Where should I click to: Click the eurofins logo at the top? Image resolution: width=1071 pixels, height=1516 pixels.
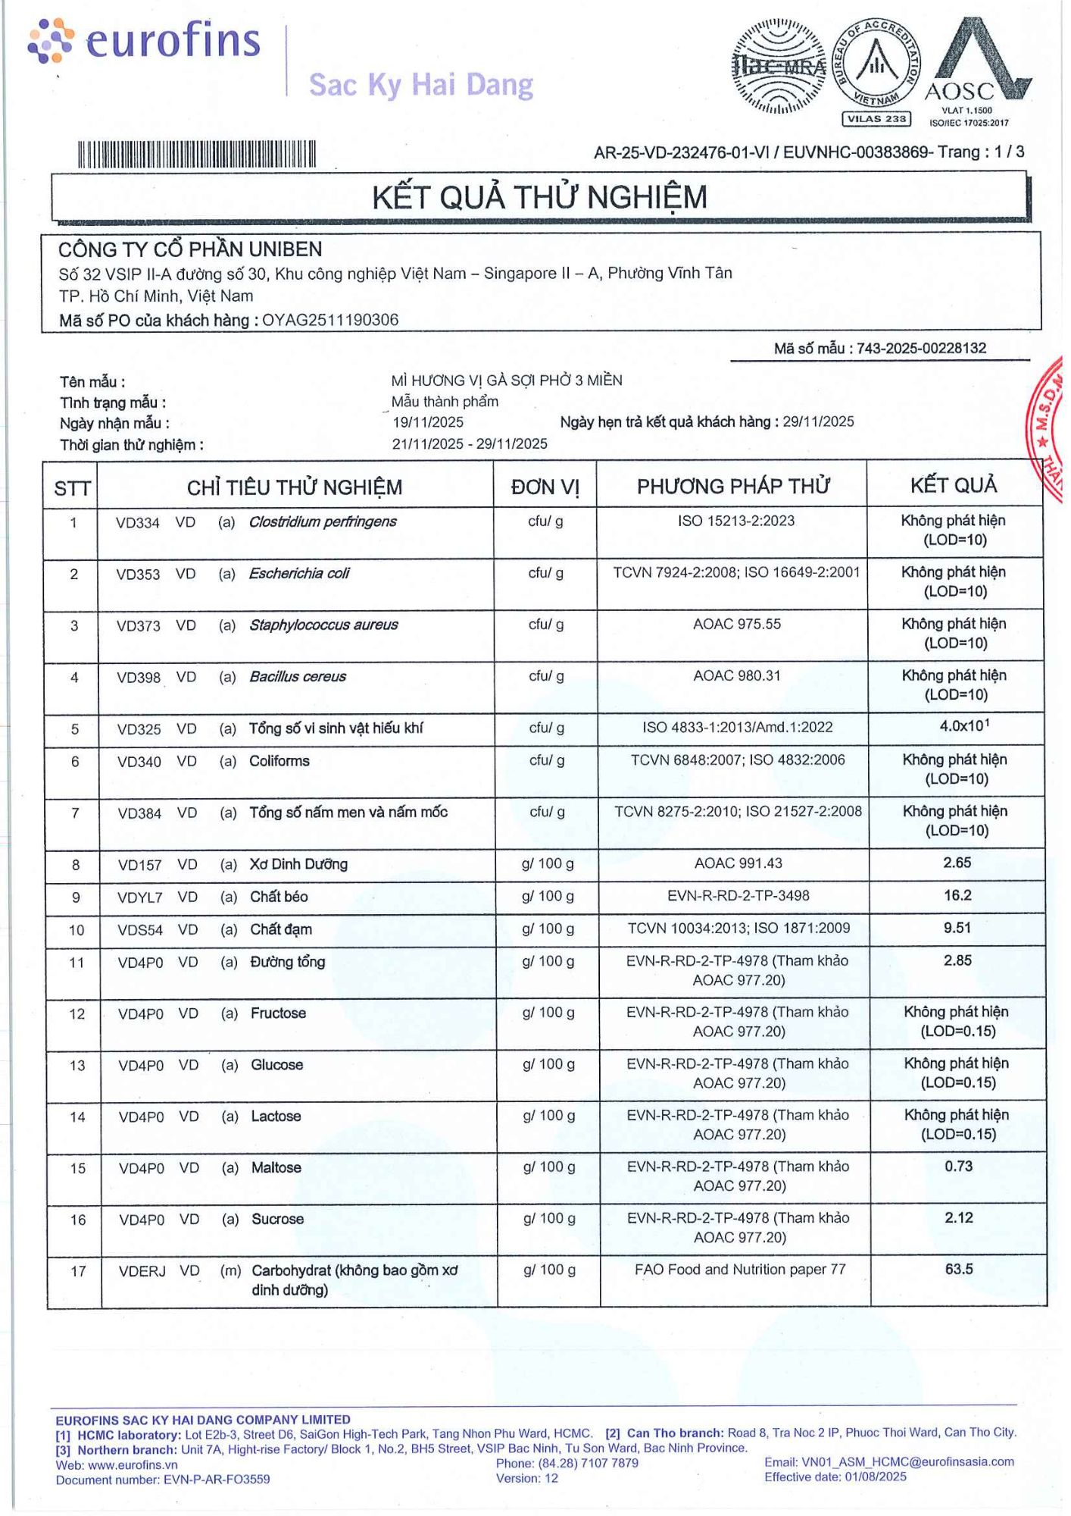coord(144,41)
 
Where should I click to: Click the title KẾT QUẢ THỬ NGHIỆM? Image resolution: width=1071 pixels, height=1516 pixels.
coord(539,197)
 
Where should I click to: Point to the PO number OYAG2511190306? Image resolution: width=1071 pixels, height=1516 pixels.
coord(330,320)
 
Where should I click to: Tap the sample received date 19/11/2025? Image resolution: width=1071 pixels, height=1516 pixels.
coord(428,422)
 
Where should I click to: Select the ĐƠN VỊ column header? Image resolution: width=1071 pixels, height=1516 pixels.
coord(545,487)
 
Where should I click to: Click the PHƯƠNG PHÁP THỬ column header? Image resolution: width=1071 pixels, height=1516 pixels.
coord(732,486)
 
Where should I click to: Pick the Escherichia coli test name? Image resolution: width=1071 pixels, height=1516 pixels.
coord(299,573)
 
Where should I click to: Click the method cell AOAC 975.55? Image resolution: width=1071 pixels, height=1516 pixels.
coord(736,624)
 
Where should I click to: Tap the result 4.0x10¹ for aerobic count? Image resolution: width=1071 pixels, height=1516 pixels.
coord(963,726)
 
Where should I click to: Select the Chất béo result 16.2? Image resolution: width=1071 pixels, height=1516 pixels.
coord(957,895)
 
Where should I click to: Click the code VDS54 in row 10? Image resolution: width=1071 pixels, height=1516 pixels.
coord(140,930)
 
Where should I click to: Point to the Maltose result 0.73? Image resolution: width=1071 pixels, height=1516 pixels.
coord(958,1166)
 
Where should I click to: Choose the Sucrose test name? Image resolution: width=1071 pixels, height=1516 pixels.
coord(277,1219)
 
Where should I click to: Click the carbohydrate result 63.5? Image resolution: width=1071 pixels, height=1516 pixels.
coord(958,1269)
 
